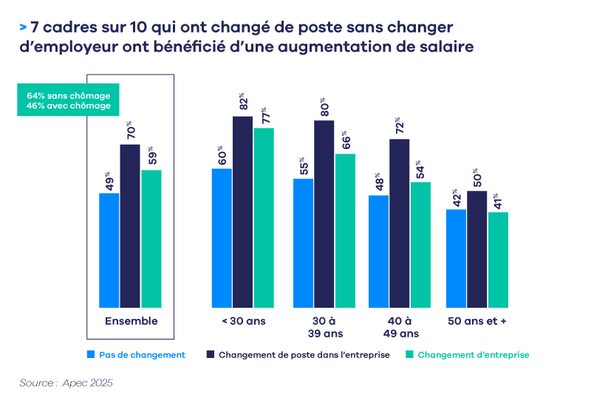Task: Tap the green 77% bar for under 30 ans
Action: point(264,217)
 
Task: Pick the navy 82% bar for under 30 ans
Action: point(243,211)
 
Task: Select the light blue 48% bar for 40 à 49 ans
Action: point(378,251)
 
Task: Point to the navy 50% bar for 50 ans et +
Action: point(477,249)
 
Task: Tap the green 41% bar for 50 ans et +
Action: point(498,259)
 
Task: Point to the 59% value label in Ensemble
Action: point(151,157)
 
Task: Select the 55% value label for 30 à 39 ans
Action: point(303,166)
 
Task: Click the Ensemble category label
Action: point(131,321)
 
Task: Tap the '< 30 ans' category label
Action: point(243,321)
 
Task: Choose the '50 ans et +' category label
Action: point(476,321)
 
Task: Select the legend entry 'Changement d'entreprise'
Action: point(473,355)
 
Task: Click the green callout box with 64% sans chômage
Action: point(69,101)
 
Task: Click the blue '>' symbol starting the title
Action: point(24,27)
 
